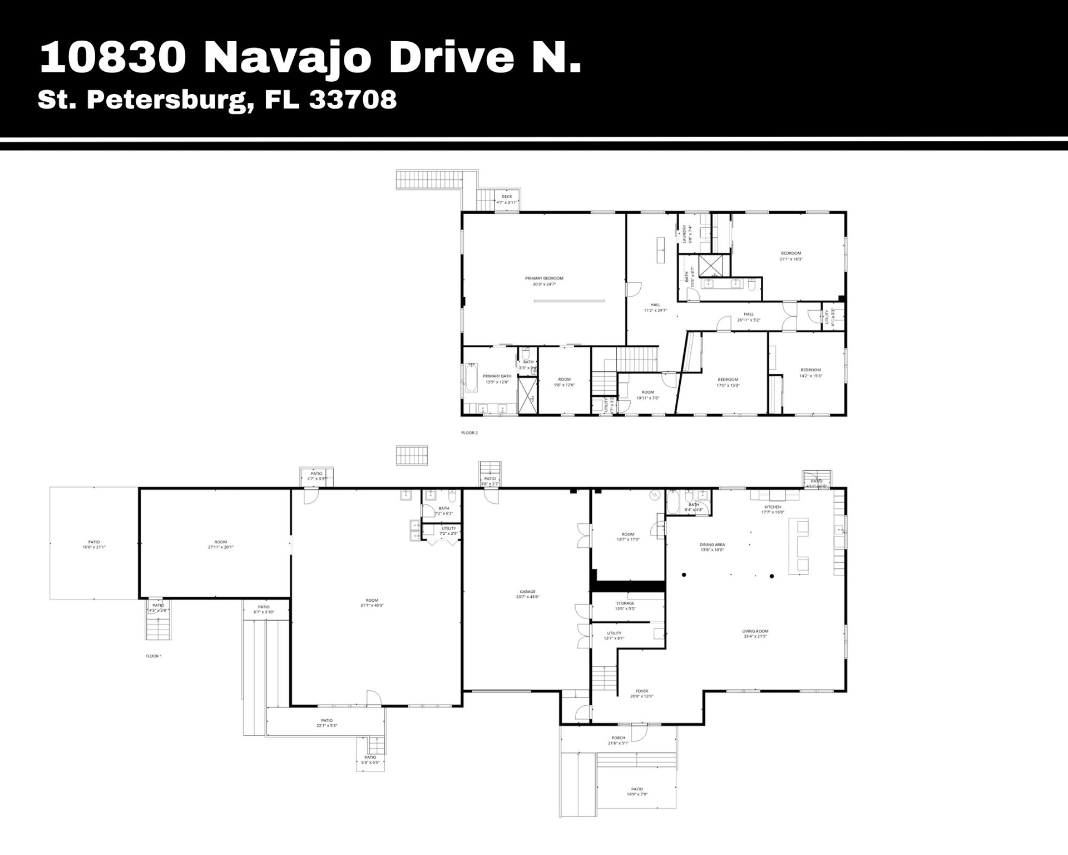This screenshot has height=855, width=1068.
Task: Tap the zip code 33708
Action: pos(353,100)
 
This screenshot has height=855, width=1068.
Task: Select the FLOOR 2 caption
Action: pos(469,433)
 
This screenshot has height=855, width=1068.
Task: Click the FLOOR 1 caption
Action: pos(154,656)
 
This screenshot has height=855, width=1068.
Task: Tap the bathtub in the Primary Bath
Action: pos(471,377)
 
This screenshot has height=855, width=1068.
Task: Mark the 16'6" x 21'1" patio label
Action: pos(94,544)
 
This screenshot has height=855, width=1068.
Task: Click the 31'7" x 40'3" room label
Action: pos(372,603)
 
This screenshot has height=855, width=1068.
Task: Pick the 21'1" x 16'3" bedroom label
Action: pos(790,256)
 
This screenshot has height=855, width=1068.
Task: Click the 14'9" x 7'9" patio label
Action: pos(637,792)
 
